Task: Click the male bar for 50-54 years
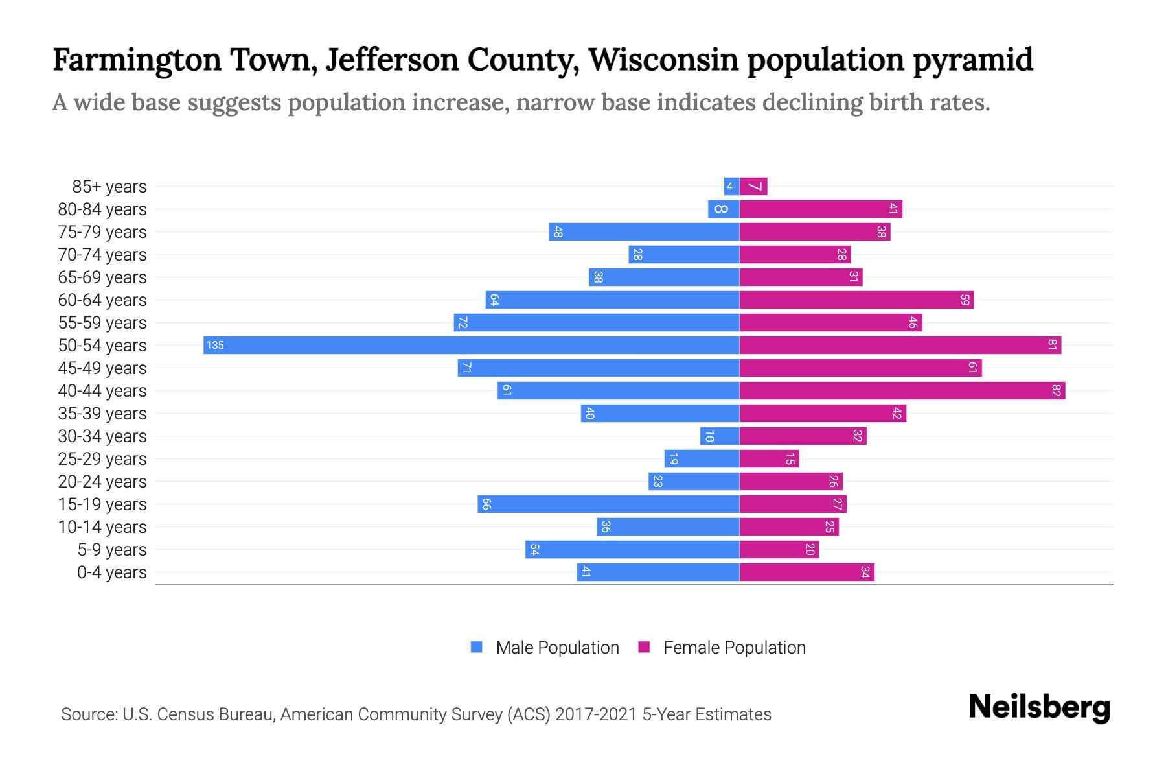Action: click(472, 345)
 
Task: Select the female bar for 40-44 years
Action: click(902, 390)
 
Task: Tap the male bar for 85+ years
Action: click(731, 186)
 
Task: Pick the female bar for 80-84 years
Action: click(820, 209)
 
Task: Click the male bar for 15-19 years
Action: click(608, 504)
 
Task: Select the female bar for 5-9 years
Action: click(779, 549)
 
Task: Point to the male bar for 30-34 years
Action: click(720, 436)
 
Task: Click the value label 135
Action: click(215, 345)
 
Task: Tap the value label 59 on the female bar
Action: click(965, 300)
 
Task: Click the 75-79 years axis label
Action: click(102, 232)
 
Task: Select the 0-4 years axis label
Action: click(111, 572)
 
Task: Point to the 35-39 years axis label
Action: click(102, 414)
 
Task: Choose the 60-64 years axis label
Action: click(102, 300)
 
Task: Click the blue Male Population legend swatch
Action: click(477, 647)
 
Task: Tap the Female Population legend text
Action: click(734, 647)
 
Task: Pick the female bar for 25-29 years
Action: click(769, 458)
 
